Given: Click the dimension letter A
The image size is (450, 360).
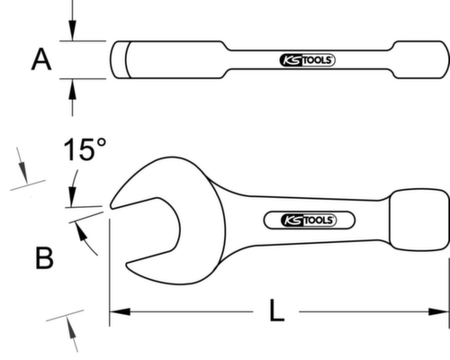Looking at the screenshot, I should click(40, 60).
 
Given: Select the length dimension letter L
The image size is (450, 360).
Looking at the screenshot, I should click(278, 313).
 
